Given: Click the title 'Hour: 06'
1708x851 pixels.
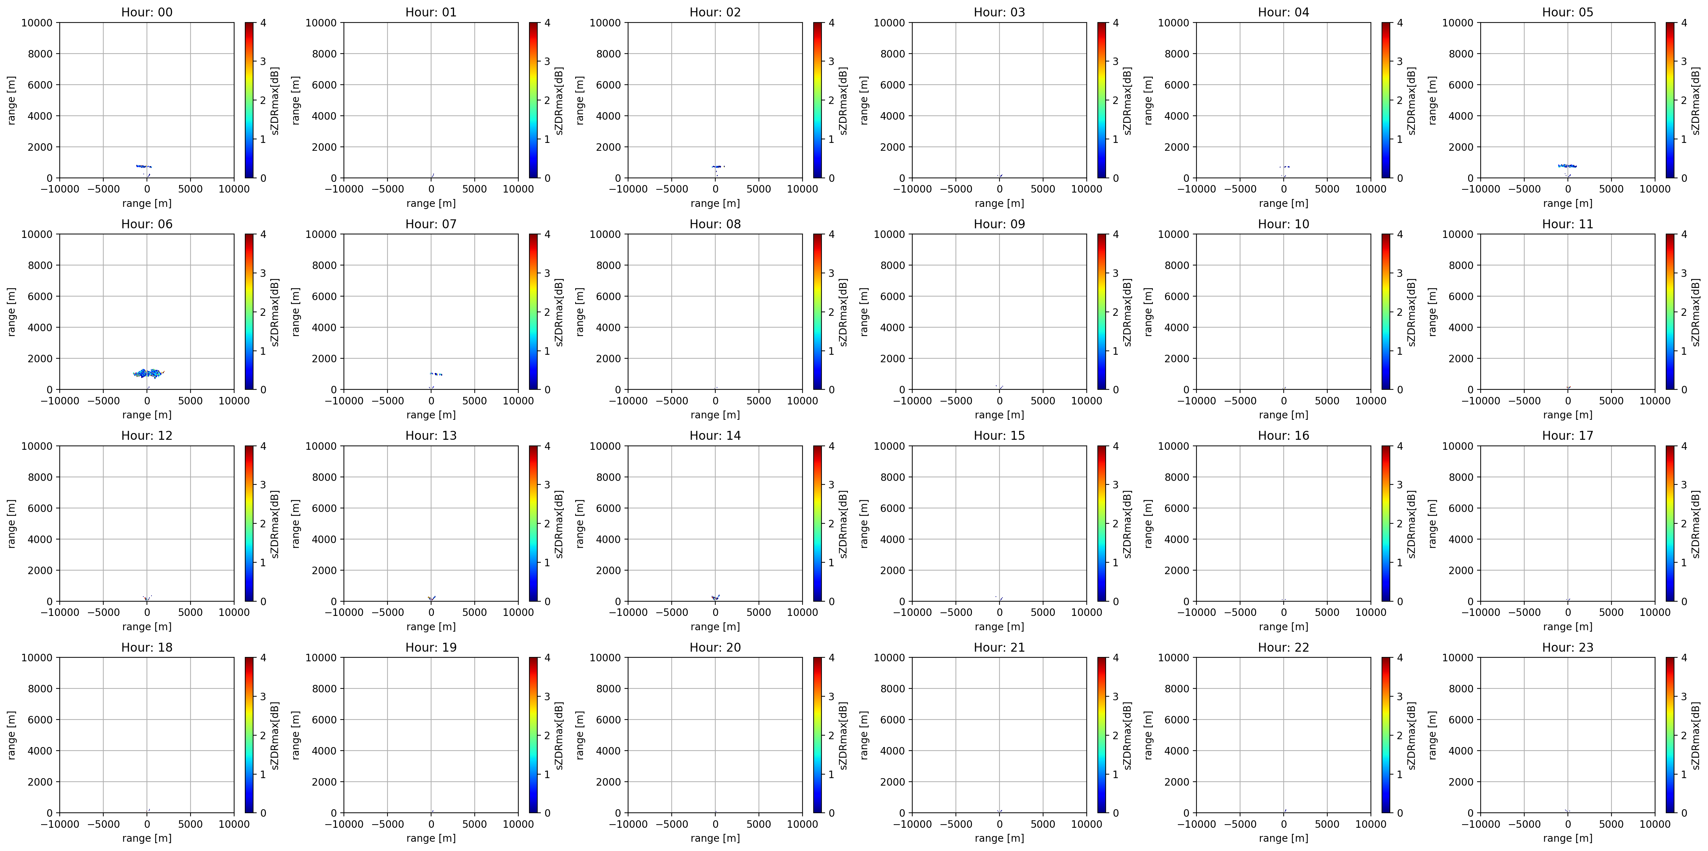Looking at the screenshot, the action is click(x=147, y=224).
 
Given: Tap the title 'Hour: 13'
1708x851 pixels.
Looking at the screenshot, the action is click(x=431, y=436).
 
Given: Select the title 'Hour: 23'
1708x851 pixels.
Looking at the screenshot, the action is click(x=1568, y=647).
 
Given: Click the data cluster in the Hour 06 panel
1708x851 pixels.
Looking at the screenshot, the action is click(x=147, y=373).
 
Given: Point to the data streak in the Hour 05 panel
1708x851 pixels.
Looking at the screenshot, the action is click(x=1568, y=166).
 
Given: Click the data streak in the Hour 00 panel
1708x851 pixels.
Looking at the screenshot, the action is click(x=144, y=166).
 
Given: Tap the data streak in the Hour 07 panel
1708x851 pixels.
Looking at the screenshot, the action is click(x=436, y=374).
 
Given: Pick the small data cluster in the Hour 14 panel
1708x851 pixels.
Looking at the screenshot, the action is click(x=715, y=597).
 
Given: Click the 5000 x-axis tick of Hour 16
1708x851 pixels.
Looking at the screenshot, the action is click(x=1327, y=612).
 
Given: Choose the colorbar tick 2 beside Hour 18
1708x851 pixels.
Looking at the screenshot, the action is click(x=263, y=735).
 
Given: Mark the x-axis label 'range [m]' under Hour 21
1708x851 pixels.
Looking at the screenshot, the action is click(x=999, y=838).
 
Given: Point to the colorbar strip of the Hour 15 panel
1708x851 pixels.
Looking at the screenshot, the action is click(x=1101, y=524).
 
